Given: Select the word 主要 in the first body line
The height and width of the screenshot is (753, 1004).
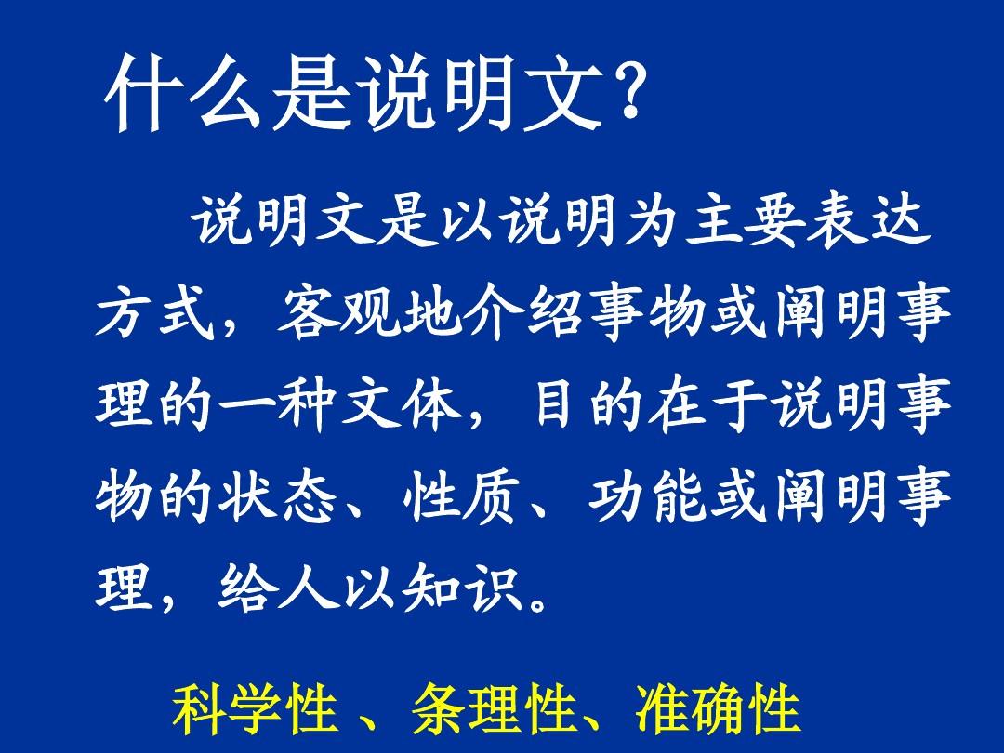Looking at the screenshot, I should (x=745, y=226).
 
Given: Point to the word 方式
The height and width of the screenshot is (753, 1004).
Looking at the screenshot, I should (x=157, y=317).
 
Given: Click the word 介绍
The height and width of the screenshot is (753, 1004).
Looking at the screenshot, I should (x=525, y=317).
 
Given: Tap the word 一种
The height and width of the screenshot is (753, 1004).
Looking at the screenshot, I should (x=280, y=407).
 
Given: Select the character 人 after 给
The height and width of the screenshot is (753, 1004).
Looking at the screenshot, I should (x=310, y=588).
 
